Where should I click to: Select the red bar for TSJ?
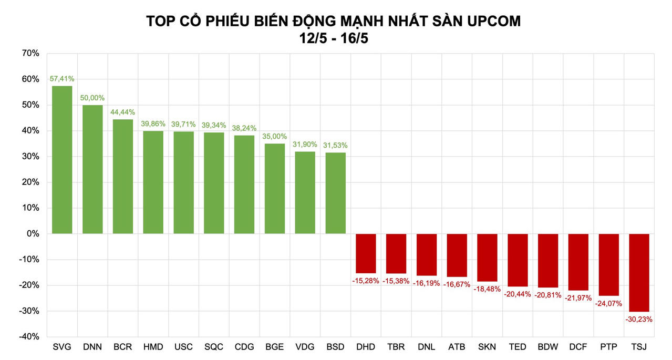coord(639,273)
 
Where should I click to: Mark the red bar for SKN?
coord(487,258)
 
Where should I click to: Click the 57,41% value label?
coord(62,79)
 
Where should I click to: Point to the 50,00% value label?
coord(92,98)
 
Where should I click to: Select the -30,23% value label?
coord(639,319)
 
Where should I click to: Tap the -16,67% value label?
coord(457,284)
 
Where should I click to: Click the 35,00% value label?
coord(274,137)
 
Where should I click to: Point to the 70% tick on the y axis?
coord(30,53)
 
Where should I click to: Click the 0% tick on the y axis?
coord(33,233)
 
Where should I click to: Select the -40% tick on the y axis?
coord(29,336)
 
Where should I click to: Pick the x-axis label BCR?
coord(122,347)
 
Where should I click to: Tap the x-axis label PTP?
coord(608,347)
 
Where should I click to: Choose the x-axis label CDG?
coord(244,347)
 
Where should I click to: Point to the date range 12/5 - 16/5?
coord(334,38)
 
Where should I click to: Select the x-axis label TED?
coord(518,347)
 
